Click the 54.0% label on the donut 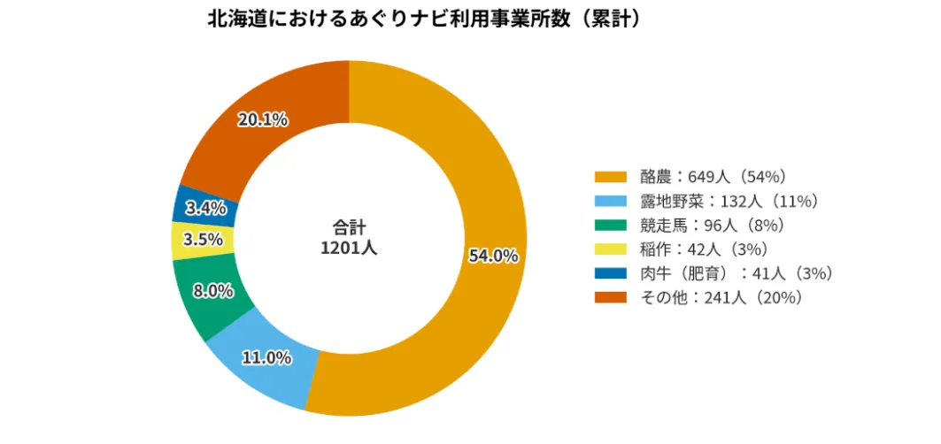click(x=493, y=256)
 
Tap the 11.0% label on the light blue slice click(x=266, y=357)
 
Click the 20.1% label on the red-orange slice click(x=262, y=119)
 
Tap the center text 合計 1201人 click(x=349, y=237)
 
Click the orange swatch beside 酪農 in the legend click(x=612, y=176)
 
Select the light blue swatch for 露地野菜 click(x=612, y=201)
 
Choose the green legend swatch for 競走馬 click(x=612, y=225)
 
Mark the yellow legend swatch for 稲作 click(x=612, y=249)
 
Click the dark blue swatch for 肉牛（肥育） click(x=612, y=273)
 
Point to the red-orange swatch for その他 click(x=612, y=297)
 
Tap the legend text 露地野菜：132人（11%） click(x=728, y=201)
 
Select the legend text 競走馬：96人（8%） click(x=711, y=225)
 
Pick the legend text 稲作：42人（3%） click(x=703, y=249)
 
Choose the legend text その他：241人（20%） click(x=721, y=297)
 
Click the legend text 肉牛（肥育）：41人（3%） click(x=737, y=273)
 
